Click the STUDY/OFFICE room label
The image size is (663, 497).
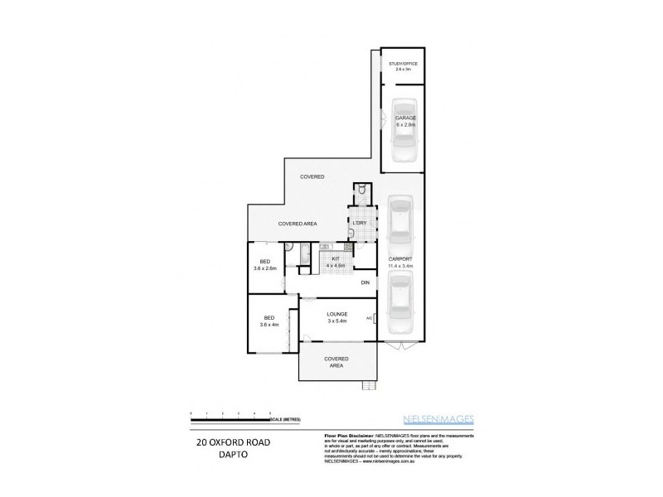pos(402,66)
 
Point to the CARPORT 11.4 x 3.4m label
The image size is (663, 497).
pos(401,263)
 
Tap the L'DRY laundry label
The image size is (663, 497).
pos(360,224)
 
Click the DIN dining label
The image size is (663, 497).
pos(365,283)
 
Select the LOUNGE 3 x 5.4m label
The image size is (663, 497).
pos(336,317)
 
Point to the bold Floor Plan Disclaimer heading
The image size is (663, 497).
pos(346,434)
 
